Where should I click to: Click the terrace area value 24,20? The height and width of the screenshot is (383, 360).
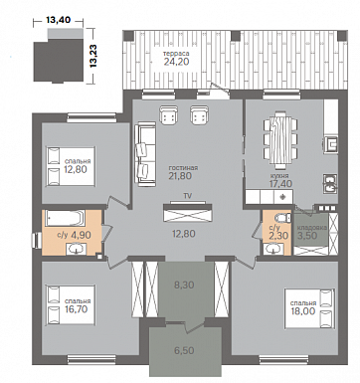click(176, 62)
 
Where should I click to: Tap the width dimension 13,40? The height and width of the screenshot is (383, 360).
click(59, 20)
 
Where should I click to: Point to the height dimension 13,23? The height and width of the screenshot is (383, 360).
click(93, 56)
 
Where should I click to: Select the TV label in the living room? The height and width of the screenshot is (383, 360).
click(188, 196)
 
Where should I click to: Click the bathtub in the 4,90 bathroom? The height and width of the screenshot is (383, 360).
click(65, 218)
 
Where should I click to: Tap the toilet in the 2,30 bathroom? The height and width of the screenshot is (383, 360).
click(282, 218)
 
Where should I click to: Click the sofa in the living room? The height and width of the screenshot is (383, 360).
click(145, 155)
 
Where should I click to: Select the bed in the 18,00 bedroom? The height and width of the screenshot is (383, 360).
click(309, 308)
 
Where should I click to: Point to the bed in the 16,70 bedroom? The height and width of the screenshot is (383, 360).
click(71, 304)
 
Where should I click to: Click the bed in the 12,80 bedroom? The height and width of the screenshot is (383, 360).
click(71, 166)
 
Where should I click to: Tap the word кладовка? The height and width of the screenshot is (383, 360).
click(312, 228)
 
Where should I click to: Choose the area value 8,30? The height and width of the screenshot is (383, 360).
click(184, 285)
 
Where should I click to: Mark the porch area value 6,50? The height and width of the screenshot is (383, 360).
click(184, 350)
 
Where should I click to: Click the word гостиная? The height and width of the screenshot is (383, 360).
click(183, 168)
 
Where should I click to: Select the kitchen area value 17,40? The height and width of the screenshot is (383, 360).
click(282, 183)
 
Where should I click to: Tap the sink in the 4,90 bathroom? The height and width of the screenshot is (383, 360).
click(77, 249)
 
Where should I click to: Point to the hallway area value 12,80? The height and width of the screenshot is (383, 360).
click(184, 234)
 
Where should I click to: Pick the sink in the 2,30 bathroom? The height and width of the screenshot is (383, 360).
click(273, 249)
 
